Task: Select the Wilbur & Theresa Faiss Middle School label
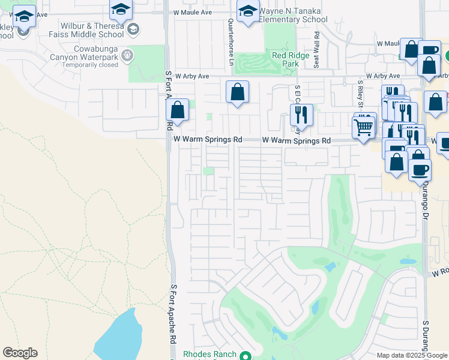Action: (x=92, y=30)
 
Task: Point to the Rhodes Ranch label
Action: (x=209, y=355)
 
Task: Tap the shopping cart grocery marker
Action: (x=363, y=127)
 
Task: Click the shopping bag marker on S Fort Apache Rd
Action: (x=177, y=110)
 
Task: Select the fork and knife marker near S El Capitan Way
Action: (x=301, y=114)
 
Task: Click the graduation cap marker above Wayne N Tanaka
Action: (x=248, y=11)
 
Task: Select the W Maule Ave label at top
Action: (x=193, y=12)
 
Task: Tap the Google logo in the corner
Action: (x=20, y=353)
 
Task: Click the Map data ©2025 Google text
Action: (x=412, y=355)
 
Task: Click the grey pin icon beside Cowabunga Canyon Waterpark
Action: (x=127, y=56)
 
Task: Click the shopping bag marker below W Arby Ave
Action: (x=238, y=92)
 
